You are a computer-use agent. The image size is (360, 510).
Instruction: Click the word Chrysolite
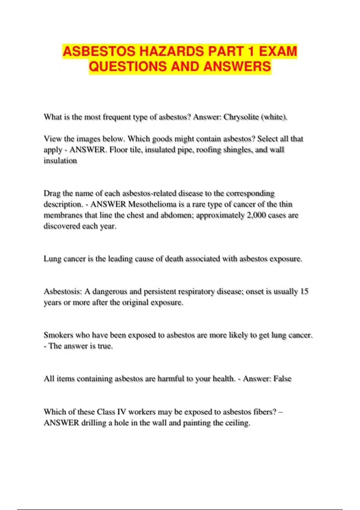coord(241,117)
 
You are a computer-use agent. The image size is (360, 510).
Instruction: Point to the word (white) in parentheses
coord(274,117)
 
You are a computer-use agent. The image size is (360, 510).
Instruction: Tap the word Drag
coord(52,193)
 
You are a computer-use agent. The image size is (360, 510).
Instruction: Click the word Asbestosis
coord(63,292)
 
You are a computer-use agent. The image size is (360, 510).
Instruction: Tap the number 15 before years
coord(304,292)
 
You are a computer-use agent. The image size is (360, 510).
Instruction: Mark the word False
coord(282,379)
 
